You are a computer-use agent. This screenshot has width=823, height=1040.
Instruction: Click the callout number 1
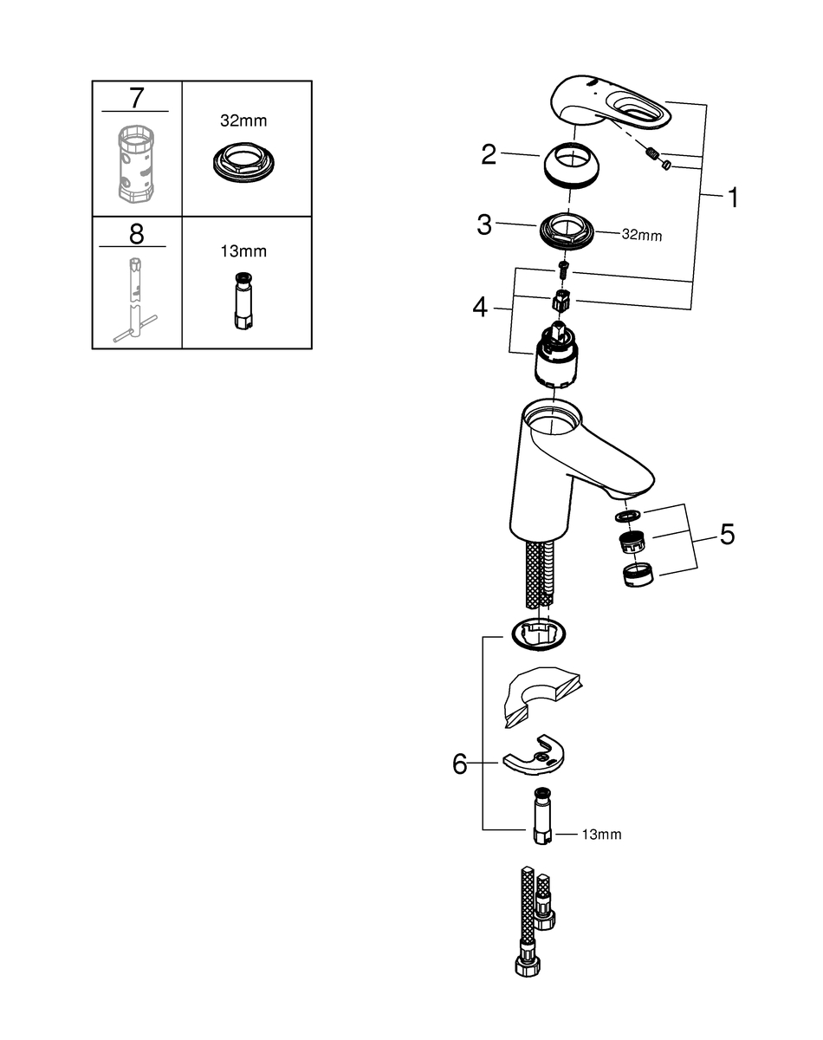coord(733,198)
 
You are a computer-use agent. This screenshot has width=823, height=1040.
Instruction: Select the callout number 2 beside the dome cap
coord(489,154)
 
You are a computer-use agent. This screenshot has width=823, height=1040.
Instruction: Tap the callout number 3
coord(483,224)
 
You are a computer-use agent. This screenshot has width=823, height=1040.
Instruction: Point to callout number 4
coord(480,308)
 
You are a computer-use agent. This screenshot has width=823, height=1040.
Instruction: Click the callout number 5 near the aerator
coord(728,535)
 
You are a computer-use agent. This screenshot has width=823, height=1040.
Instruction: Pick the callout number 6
coord(460,764)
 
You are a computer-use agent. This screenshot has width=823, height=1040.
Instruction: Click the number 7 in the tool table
coord(137,98)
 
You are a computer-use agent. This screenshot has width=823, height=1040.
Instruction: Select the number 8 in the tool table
coord(137,234)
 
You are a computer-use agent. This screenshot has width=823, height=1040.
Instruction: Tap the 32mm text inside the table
coord(243,120)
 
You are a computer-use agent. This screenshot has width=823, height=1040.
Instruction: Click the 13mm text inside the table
coord(243,251)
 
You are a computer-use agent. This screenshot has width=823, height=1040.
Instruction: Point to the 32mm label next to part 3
coord(642,235)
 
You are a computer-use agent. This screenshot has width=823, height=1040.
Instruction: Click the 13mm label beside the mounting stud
coord(602,835)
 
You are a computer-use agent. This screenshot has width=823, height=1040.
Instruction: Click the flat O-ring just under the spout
coord(628,515)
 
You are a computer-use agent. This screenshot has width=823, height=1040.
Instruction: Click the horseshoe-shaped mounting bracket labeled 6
coord(534,756)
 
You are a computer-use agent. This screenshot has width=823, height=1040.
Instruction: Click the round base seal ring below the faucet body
coord(537,634)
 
